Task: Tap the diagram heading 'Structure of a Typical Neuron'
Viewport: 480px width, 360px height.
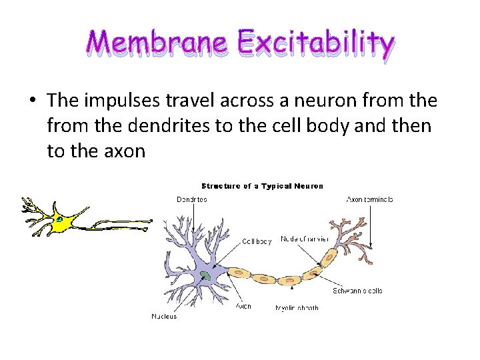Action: tap(262, 186)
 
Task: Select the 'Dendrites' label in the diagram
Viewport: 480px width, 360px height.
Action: tap(192, 199)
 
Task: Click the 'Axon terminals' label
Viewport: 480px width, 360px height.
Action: tap(369, 199)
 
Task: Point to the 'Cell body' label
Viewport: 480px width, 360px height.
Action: tap(257, 241)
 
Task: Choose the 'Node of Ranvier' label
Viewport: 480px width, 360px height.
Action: tap(305, 238)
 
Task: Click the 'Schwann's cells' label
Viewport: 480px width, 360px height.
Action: tap(357, 291)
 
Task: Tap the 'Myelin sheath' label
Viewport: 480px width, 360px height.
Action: tap(297, 308)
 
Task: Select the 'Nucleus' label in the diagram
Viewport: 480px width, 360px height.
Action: tap(164, 316)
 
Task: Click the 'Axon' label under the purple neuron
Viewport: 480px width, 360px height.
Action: tap(243, 307)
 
